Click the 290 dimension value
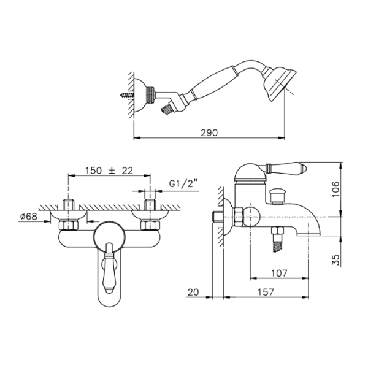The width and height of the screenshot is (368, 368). point(209,133)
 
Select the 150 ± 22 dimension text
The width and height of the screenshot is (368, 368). point(109,171)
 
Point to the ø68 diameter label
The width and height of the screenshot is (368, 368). point(29,216)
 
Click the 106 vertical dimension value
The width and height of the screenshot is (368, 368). point(336,189)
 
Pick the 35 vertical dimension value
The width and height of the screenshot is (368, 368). point(336,260)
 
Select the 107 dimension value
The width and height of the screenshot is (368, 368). point(279,273)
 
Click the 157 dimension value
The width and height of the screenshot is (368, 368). point(266,292)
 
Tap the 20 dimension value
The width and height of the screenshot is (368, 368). point(193,292)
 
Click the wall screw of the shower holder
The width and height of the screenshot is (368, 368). point(127,95)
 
